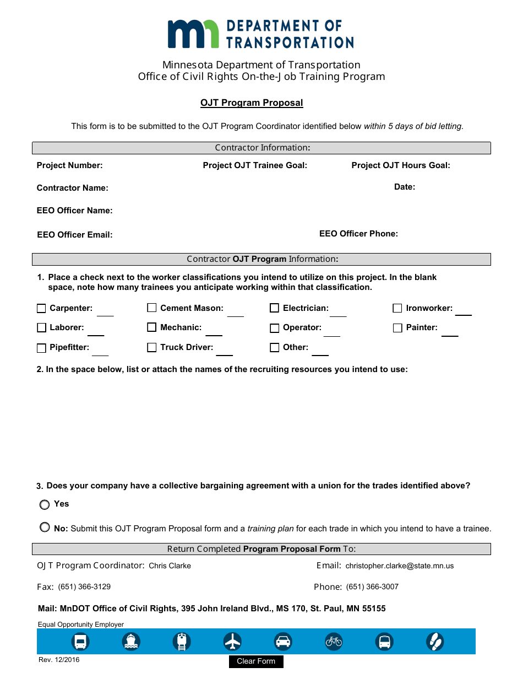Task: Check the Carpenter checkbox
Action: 41,309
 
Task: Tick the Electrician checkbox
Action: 274,309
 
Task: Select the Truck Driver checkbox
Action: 152,348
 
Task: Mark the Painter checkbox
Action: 397,328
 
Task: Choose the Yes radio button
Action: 45,504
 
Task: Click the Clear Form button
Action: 256,661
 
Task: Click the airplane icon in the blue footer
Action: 233,642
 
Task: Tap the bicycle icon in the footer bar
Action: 334,642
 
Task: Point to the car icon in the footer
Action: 283,642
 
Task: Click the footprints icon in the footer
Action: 435,642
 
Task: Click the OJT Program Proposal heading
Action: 252,103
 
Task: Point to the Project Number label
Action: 69,165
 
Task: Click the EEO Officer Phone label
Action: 358,234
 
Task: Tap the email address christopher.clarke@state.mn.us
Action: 400,566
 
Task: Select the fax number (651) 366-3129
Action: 84,587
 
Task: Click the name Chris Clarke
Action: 170,566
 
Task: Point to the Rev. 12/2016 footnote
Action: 59,660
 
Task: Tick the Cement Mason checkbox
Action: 152,308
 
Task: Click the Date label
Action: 405,187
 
